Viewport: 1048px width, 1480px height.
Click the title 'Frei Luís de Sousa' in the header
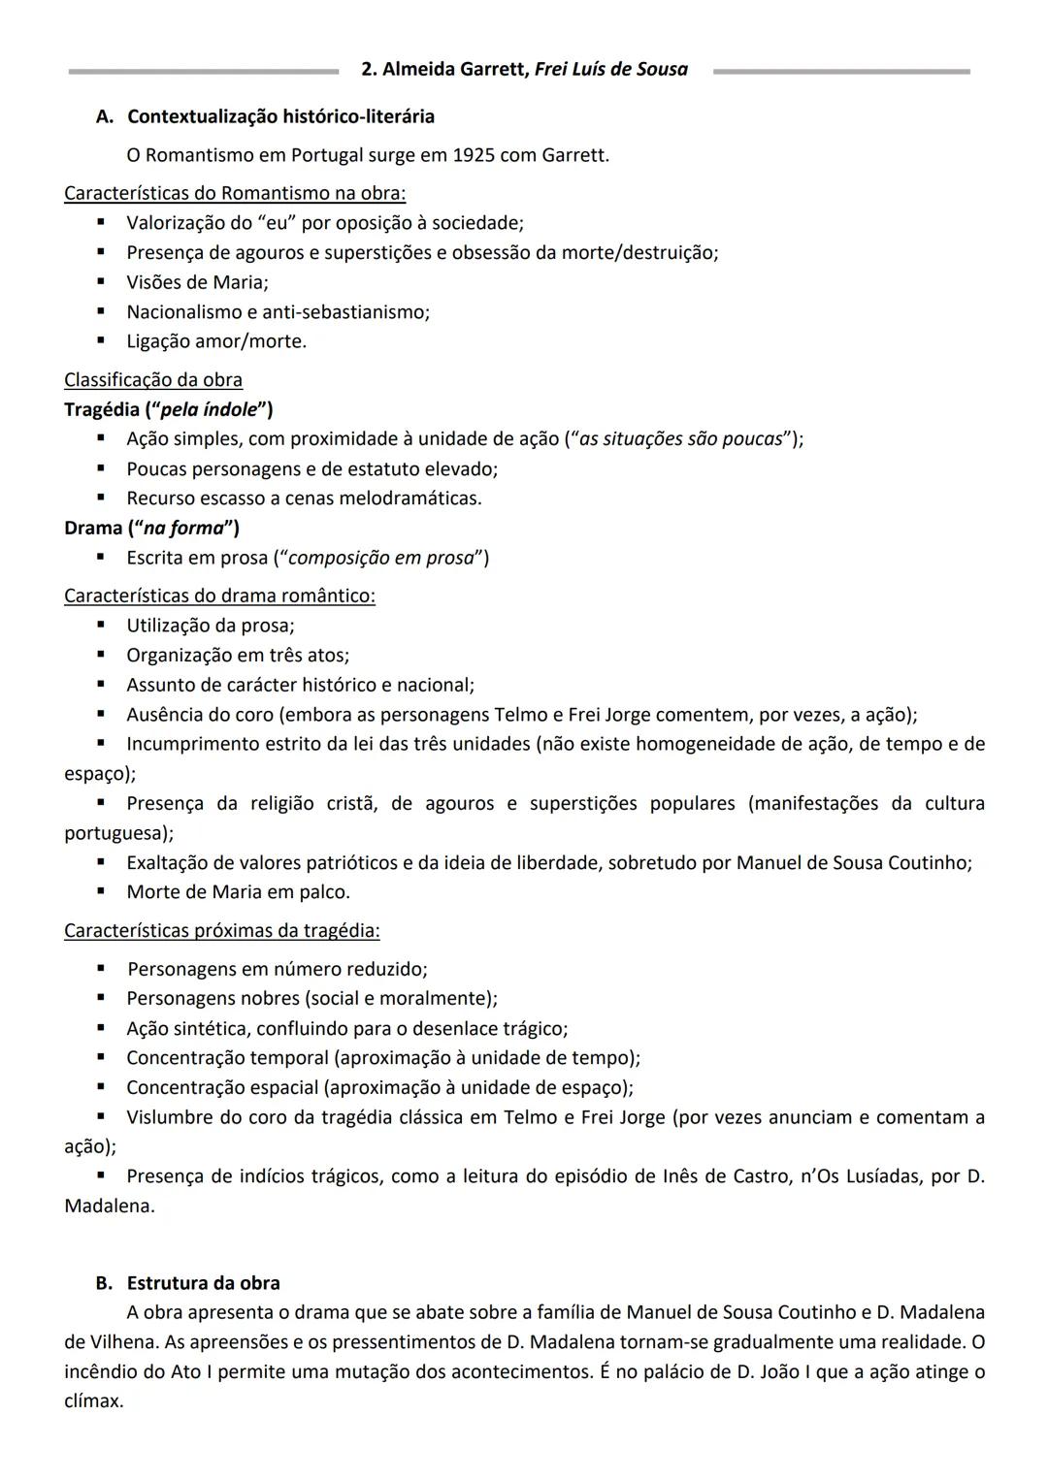click(x=610, y=70)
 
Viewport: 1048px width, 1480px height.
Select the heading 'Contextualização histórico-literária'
click(x=280, y=116)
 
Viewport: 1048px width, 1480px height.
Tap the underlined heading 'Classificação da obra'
click(x=153, y=380)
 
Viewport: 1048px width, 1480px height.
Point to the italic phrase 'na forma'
click(x=183, y=529)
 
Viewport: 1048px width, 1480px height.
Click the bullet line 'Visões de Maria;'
click(x=197, y=282)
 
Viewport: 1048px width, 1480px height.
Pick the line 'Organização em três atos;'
click(x=237, y=656)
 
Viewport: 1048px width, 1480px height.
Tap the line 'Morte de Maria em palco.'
click(x=238, y=892)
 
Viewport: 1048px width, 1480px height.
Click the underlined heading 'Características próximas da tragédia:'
click(x=221, y=931)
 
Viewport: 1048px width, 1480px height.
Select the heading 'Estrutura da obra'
click(x=203, y=1283)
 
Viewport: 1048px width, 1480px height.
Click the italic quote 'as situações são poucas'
click(x=680, y=439)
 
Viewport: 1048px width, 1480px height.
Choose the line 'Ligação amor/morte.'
click(x=215, y=341)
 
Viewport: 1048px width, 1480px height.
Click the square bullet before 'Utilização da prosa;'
click(x=100, y=626)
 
